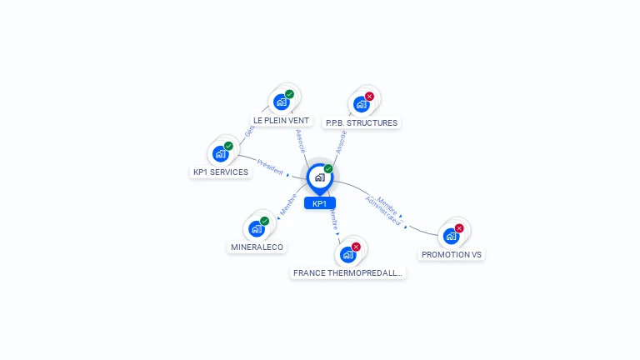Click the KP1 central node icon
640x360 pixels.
(319, 177)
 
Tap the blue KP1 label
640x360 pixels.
(319, 203)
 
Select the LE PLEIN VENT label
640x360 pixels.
(281, 121)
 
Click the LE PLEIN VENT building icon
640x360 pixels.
(282, 102)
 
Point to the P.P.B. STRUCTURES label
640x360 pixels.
(362, 122)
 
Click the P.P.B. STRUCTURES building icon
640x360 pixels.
(361, 104)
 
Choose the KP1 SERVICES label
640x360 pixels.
(221, 172)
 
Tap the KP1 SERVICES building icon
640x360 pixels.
(220, 153)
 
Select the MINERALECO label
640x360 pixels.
(257, 247)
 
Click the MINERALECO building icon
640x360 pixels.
(257, 228)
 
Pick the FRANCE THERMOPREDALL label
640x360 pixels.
(348, 272)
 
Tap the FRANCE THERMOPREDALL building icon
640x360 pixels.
(348, 254)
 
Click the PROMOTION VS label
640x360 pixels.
(452, 254)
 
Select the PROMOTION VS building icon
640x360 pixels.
(451, 236)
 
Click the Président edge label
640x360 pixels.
(270, 166)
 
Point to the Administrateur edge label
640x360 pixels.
(382, 213)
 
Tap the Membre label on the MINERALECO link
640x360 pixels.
(288, 205)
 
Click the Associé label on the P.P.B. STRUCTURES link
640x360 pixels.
(341, 141)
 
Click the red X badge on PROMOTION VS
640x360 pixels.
(459, 228)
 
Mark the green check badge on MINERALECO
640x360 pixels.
(265, 221)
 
